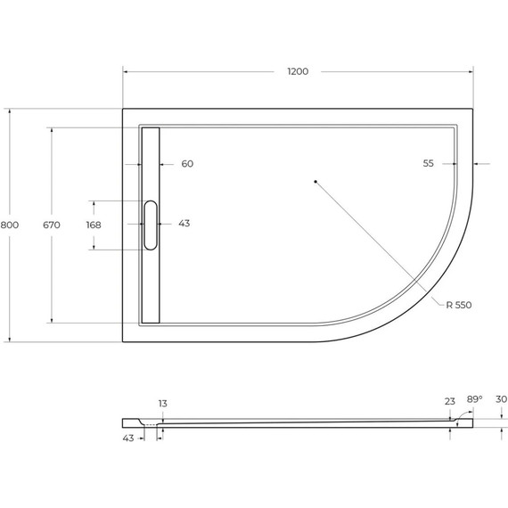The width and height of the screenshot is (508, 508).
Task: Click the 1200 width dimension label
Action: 297,71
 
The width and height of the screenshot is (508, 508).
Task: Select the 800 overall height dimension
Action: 9,225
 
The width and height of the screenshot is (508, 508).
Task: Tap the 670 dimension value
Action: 52,225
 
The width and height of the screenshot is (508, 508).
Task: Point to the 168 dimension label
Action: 94,224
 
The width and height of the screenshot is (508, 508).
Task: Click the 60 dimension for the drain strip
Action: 187,164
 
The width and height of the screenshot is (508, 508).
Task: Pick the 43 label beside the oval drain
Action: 184,224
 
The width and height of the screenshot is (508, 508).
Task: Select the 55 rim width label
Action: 429,164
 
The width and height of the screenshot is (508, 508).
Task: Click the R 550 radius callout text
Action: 459,305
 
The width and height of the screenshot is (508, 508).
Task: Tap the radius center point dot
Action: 315,181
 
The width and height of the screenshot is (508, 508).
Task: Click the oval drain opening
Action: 150,225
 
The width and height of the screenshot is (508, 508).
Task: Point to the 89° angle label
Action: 474,400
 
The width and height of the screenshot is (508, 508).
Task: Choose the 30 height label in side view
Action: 500,400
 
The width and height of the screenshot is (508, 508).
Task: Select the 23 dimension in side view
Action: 448,402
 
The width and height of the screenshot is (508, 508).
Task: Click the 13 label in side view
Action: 162,404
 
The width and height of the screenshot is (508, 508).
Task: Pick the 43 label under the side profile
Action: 128,438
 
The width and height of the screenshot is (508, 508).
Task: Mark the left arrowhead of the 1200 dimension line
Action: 126,71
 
